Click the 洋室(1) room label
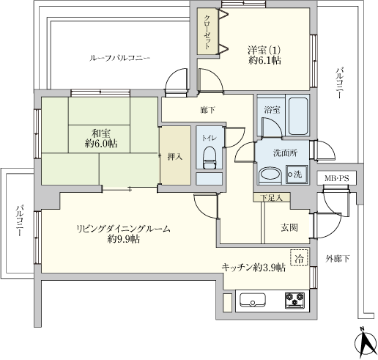pos(264,51)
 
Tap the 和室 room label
pos(101,133)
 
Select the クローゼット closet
pos(207,32)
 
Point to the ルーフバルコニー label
pos(119,58)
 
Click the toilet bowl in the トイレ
pos(210,158)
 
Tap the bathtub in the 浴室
pos(298,116)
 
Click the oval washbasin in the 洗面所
pos(270,175)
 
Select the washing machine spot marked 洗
pos(297,175)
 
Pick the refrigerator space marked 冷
pos(299,257)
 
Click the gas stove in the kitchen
pos(294,300)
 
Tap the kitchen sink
pos(253,300)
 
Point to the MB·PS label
pos(337,179)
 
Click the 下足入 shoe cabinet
pos(272,197)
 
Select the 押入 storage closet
pos(175,155)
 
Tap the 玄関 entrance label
pos(289,228)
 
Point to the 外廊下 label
pos(338,258)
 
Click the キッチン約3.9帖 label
pos(253,268)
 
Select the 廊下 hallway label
pos(207,111)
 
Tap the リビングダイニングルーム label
pos(123,229)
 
